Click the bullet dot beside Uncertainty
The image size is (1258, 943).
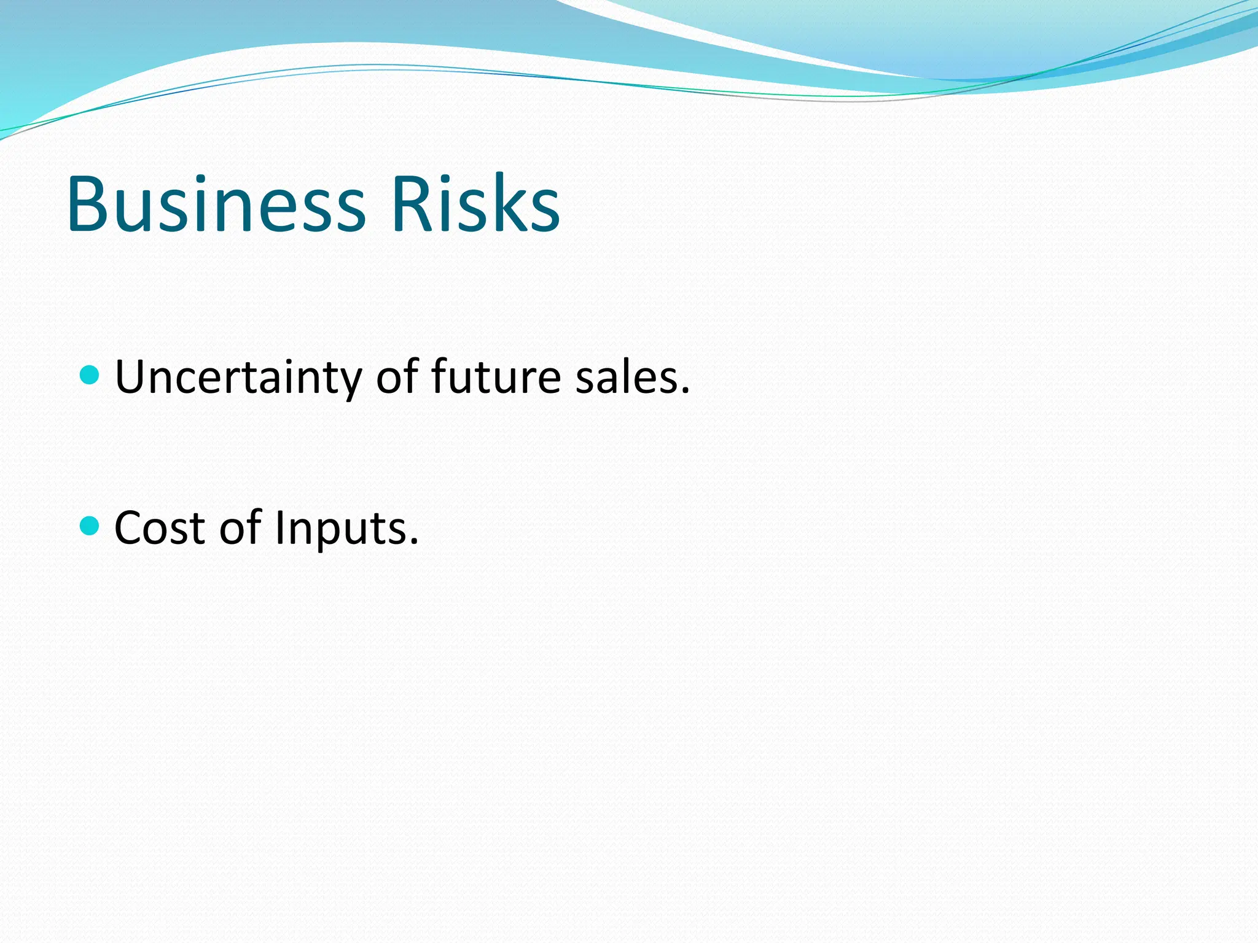point(90,374)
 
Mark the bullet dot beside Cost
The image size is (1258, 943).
point(90,526)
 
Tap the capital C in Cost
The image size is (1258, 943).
point(131,527)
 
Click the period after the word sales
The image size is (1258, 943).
point(685,390)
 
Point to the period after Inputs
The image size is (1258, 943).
point(413,541)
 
